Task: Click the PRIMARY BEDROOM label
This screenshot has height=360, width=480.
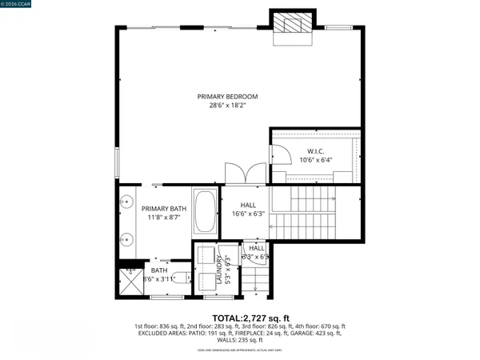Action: tap(228, 97)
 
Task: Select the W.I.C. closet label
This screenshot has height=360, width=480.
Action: tap(314, 150)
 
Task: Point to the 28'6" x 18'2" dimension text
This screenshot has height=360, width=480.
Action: tap(228, 106)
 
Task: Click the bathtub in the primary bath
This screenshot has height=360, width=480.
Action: tap(205, 211)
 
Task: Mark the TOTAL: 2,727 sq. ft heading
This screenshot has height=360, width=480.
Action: tap(239, 318)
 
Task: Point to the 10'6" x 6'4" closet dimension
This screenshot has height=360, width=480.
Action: tap(314, 160)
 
